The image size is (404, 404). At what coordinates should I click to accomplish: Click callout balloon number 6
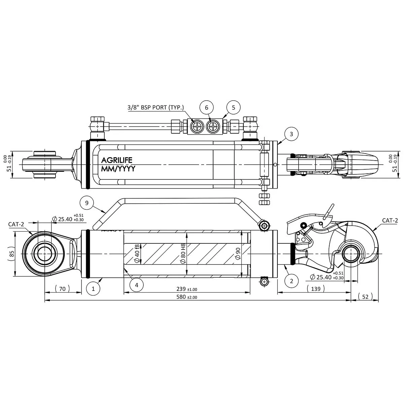[206, 107]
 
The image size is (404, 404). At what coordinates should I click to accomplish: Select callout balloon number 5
[234, 107]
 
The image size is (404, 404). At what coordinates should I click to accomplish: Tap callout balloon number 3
[291, 134]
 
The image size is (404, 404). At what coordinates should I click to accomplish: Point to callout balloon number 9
[87, 203]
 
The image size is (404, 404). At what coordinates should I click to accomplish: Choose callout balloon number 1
[93, 289]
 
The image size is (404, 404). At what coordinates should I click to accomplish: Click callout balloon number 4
[136, 285]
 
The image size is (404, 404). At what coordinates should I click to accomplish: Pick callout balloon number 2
[292, 281]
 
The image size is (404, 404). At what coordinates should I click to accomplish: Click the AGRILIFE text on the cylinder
[117, 160]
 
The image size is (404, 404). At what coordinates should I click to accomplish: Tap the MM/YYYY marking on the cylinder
[118, 169]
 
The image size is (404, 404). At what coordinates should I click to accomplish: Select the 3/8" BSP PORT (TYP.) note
[156, 107]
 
